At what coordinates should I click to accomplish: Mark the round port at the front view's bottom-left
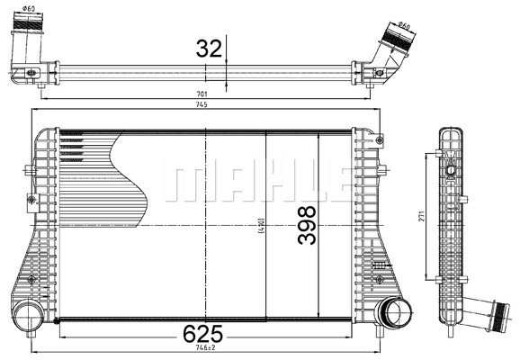pos(26,316)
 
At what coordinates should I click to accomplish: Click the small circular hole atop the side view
pos(450,168)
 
